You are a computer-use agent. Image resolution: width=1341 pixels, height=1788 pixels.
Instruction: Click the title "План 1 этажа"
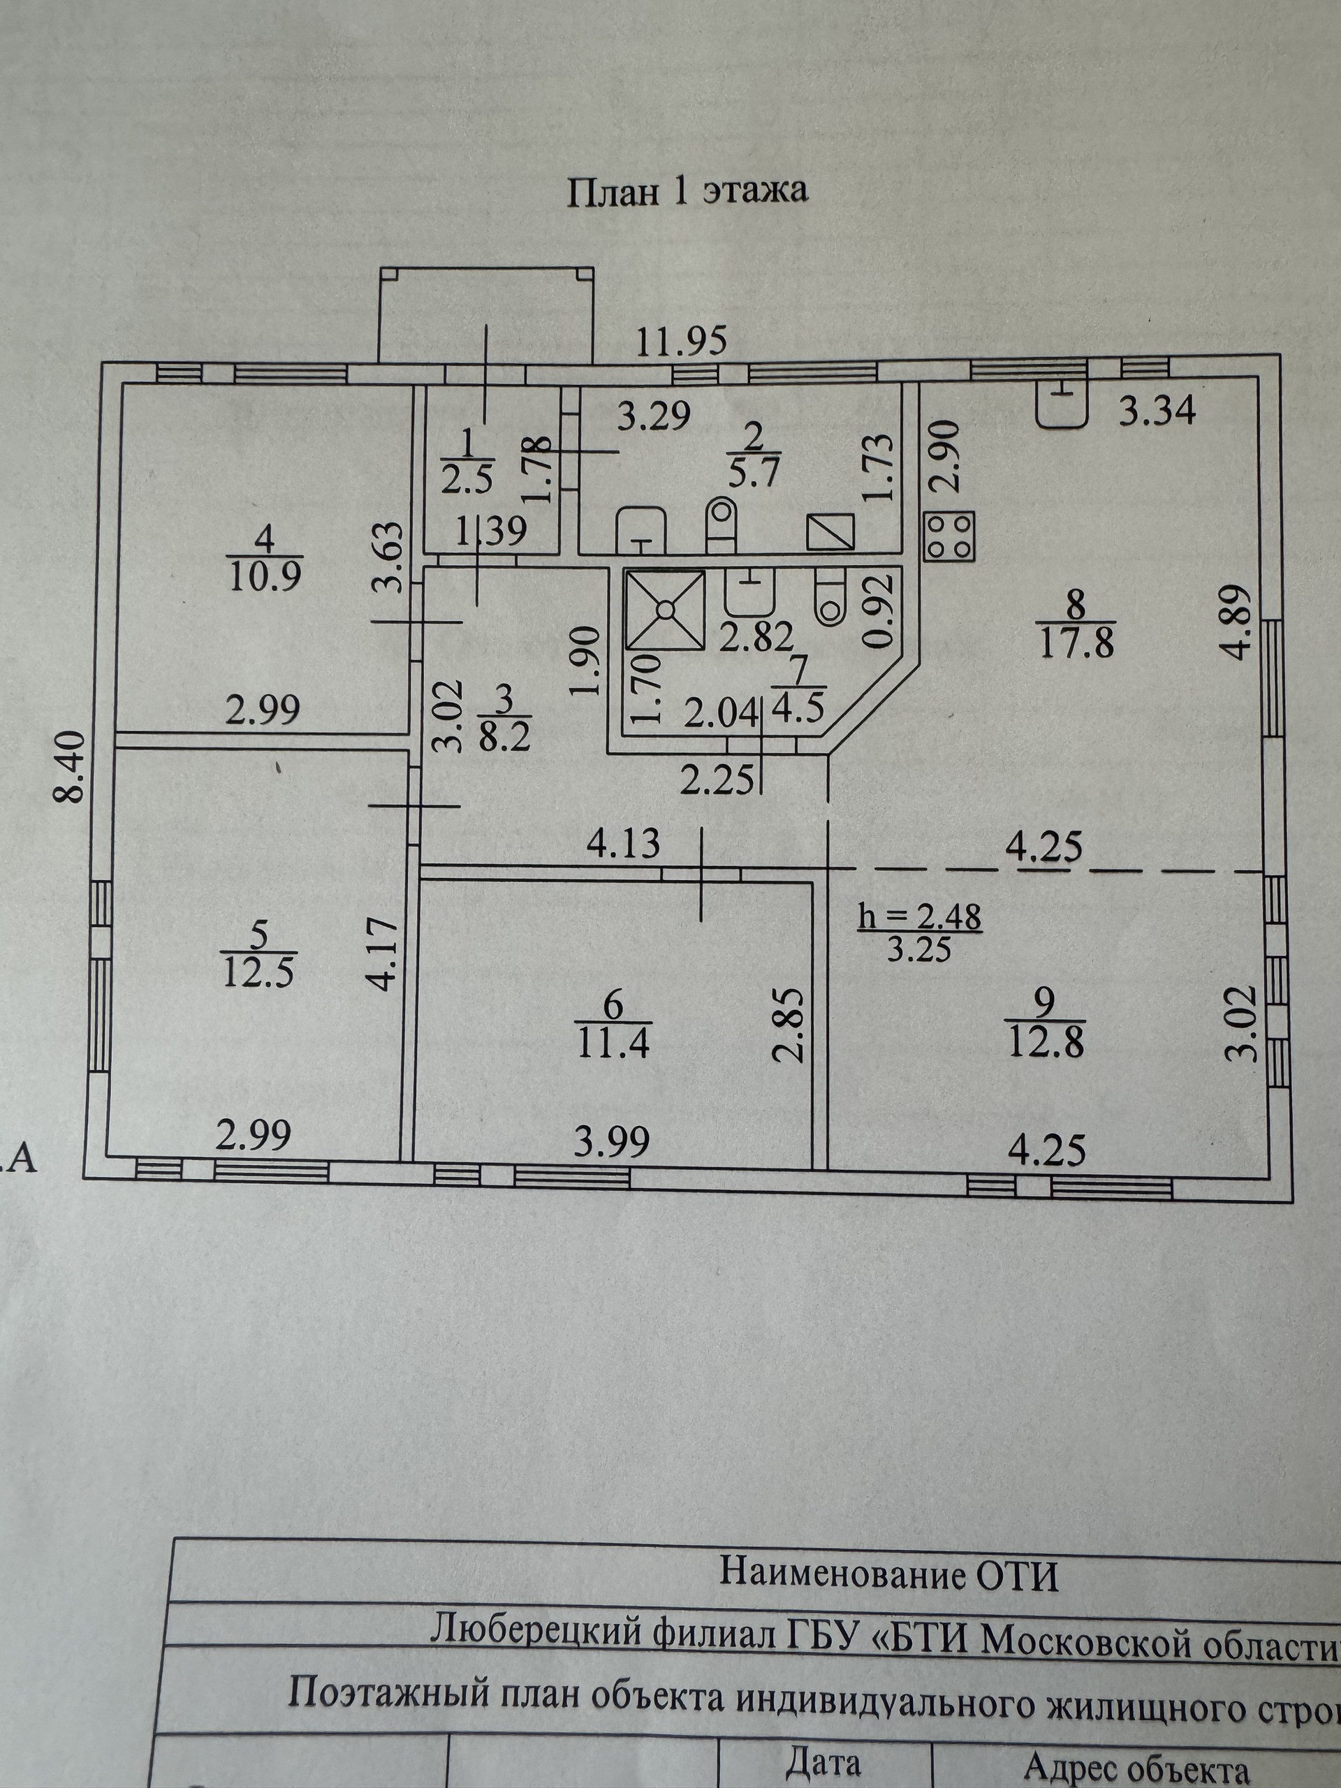pyautogui.click(x=687, y=192)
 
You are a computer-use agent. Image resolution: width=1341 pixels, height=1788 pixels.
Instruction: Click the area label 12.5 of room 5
pyautogui.click(x=258, y=973)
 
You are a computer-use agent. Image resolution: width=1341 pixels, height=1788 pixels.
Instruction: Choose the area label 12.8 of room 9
pyautogui.click(x=1045, y=1043)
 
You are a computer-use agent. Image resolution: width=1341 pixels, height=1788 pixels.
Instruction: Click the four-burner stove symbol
pyautogui.click(x=949, y=536)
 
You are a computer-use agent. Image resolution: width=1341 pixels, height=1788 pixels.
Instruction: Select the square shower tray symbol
pyautogui.click(x=665, y=610)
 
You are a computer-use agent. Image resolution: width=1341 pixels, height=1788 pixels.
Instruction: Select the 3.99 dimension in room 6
pyautogui.click(x=612, y=1142)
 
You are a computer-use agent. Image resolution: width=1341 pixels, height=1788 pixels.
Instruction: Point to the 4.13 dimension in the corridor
pyautogui.click(x=623, y=844)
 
